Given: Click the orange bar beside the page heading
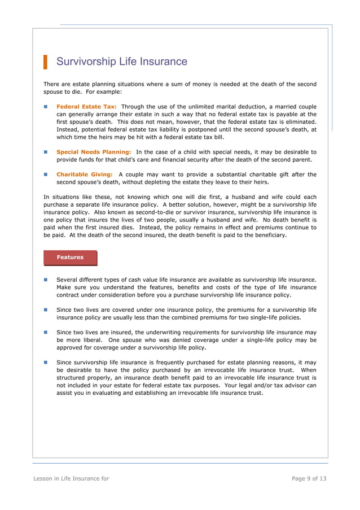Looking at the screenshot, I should [x=45, y=62].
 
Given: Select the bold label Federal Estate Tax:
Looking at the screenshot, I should [x=86, y=106].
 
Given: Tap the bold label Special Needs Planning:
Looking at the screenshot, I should [x=94, y=152].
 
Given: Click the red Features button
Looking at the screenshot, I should [x=70, y=258].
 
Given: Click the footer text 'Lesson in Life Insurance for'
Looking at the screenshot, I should [x=71, y=479].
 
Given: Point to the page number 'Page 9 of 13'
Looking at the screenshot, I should [x=309, y=479].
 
